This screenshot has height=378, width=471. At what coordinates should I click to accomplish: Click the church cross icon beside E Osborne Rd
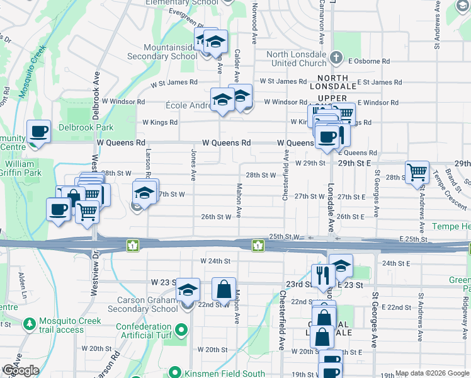(337, 59)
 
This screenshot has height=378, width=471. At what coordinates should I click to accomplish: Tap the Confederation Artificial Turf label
(145, 332)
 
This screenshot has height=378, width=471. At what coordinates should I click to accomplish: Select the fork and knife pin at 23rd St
(321, 275)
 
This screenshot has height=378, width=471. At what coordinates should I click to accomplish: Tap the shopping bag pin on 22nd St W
(224, 290)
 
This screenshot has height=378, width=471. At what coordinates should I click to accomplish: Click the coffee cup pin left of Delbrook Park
(39, 132)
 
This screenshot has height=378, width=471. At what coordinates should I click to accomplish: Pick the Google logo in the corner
(21, 370)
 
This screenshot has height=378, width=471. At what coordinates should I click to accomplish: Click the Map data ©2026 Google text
(432, 373)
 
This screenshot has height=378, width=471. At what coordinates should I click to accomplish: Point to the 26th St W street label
(217, 217)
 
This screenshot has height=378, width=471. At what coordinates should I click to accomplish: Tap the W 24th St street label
(215, 261)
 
